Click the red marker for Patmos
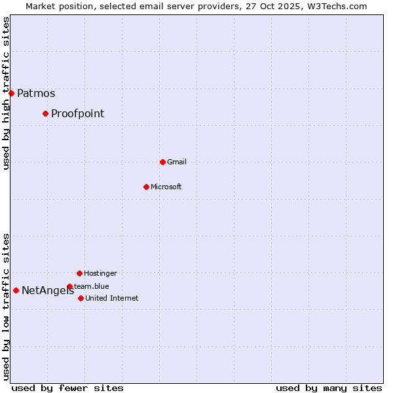click(11, 93)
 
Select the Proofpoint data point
click(45, 113)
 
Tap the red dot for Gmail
click(162, 162)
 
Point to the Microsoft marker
click(146, 187)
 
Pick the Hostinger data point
click(79, 273)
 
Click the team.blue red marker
click(69, 286)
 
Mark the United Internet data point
click(81, 298)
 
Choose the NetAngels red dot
click(16, 290)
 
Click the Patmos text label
click(36, 93)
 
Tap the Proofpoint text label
click(77, 113)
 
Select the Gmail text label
click(177, 162)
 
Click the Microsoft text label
click(166, 187)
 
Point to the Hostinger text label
click(100, 273)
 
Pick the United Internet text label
click(112, 298)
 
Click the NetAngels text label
click(47, 291)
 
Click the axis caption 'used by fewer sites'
click(67, 388)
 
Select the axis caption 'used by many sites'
click(329, 388)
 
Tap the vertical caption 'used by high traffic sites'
click(7, 93)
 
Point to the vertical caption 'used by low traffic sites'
click(7, 307)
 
